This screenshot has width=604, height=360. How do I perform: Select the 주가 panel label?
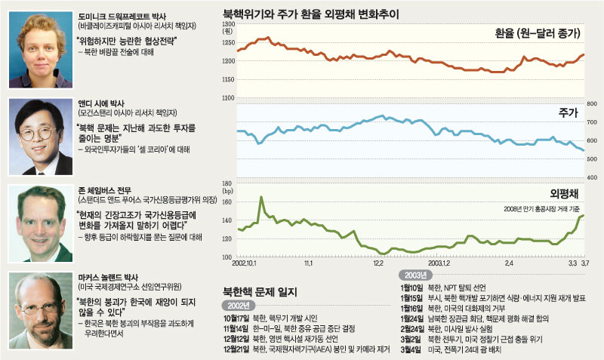(x=568, y=112)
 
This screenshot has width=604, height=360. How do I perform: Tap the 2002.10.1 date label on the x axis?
(x=247, y=265)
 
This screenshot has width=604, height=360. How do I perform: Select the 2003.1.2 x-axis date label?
(x=439, y=265)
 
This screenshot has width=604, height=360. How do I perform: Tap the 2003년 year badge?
(x=418, y=275)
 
